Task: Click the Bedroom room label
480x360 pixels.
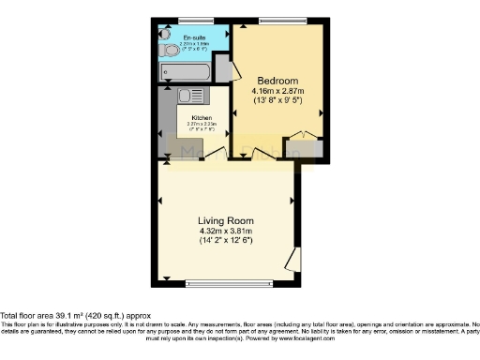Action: pyautogui.click(x=277, y=80)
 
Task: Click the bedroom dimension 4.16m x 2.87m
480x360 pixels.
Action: pyautogui.click(x=277, y=91)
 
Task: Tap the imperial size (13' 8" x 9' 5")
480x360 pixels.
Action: pyautogui.click(x=277, y=101)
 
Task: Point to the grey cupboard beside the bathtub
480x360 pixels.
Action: pyautogui.click(x=222, y=69)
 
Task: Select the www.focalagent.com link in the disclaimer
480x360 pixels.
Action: pyautogui.click(x=352, y=337)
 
